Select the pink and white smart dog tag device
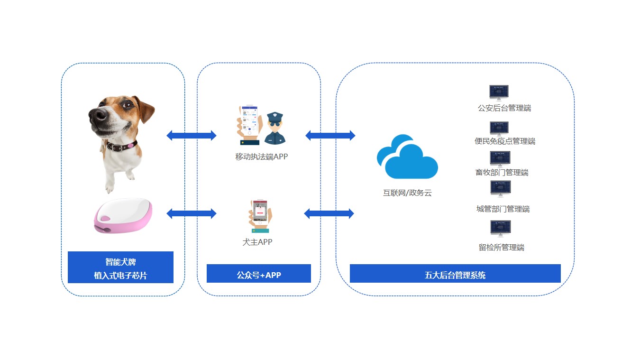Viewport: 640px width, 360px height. (x=123, y=216)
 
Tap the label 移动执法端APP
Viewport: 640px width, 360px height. (x=261, y=157)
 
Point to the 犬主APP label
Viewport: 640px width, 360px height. (x=257, y=242)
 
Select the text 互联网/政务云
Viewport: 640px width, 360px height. (x=407, y=193)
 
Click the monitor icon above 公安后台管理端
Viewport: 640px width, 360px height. (x=499, y=92)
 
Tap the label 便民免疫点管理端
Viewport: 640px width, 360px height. (x=504, y=141)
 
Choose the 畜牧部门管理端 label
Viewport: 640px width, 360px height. (x=502, y=172)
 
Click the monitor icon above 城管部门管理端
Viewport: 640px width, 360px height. (x=500, y=188)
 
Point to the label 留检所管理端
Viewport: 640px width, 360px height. (x=501, y=247)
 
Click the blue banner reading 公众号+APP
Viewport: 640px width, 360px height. (x=258, y=274)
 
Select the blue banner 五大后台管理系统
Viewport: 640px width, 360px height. (x=455, y=274)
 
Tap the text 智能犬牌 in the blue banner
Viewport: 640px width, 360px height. (x=120, y=261)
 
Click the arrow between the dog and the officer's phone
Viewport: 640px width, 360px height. (x=191, y=136)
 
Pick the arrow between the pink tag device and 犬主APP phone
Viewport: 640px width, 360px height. (x=191, y=213)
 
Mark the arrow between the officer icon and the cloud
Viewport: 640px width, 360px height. (x=330, y=136)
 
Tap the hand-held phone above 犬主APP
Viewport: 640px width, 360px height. (x=260, y=216)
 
